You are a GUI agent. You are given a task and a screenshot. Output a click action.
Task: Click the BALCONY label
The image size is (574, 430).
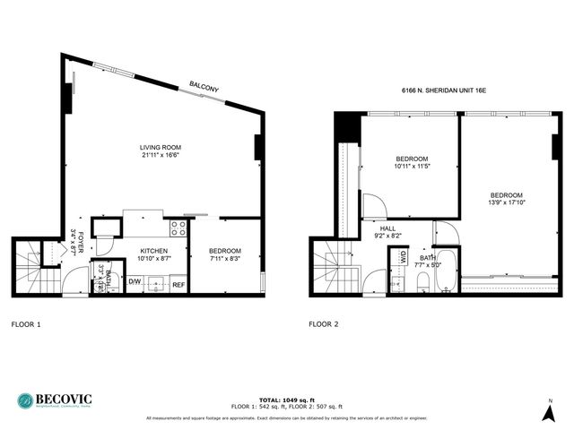click(204, 88)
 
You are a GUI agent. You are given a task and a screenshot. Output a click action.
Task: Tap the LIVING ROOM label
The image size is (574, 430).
click(161, 148)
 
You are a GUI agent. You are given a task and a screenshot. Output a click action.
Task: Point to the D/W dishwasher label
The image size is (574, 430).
click(135, 282)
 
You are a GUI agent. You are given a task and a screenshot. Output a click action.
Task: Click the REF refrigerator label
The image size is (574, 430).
click(178, 284)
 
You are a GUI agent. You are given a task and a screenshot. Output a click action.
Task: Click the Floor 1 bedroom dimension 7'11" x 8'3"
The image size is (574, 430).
click(225, 258)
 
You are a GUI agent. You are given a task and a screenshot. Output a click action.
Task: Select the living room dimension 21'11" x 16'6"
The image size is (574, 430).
click(161, 157)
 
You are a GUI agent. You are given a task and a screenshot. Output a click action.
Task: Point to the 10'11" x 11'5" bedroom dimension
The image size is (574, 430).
click(413, 167)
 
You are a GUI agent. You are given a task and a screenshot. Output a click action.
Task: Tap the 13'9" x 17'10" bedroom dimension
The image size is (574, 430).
click(507, 202)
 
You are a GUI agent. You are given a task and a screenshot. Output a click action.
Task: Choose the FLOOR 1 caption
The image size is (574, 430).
click(26, 323)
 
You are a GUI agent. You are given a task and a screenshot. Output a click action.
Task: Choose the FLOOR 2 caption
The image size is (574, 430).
click(324, 323)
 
